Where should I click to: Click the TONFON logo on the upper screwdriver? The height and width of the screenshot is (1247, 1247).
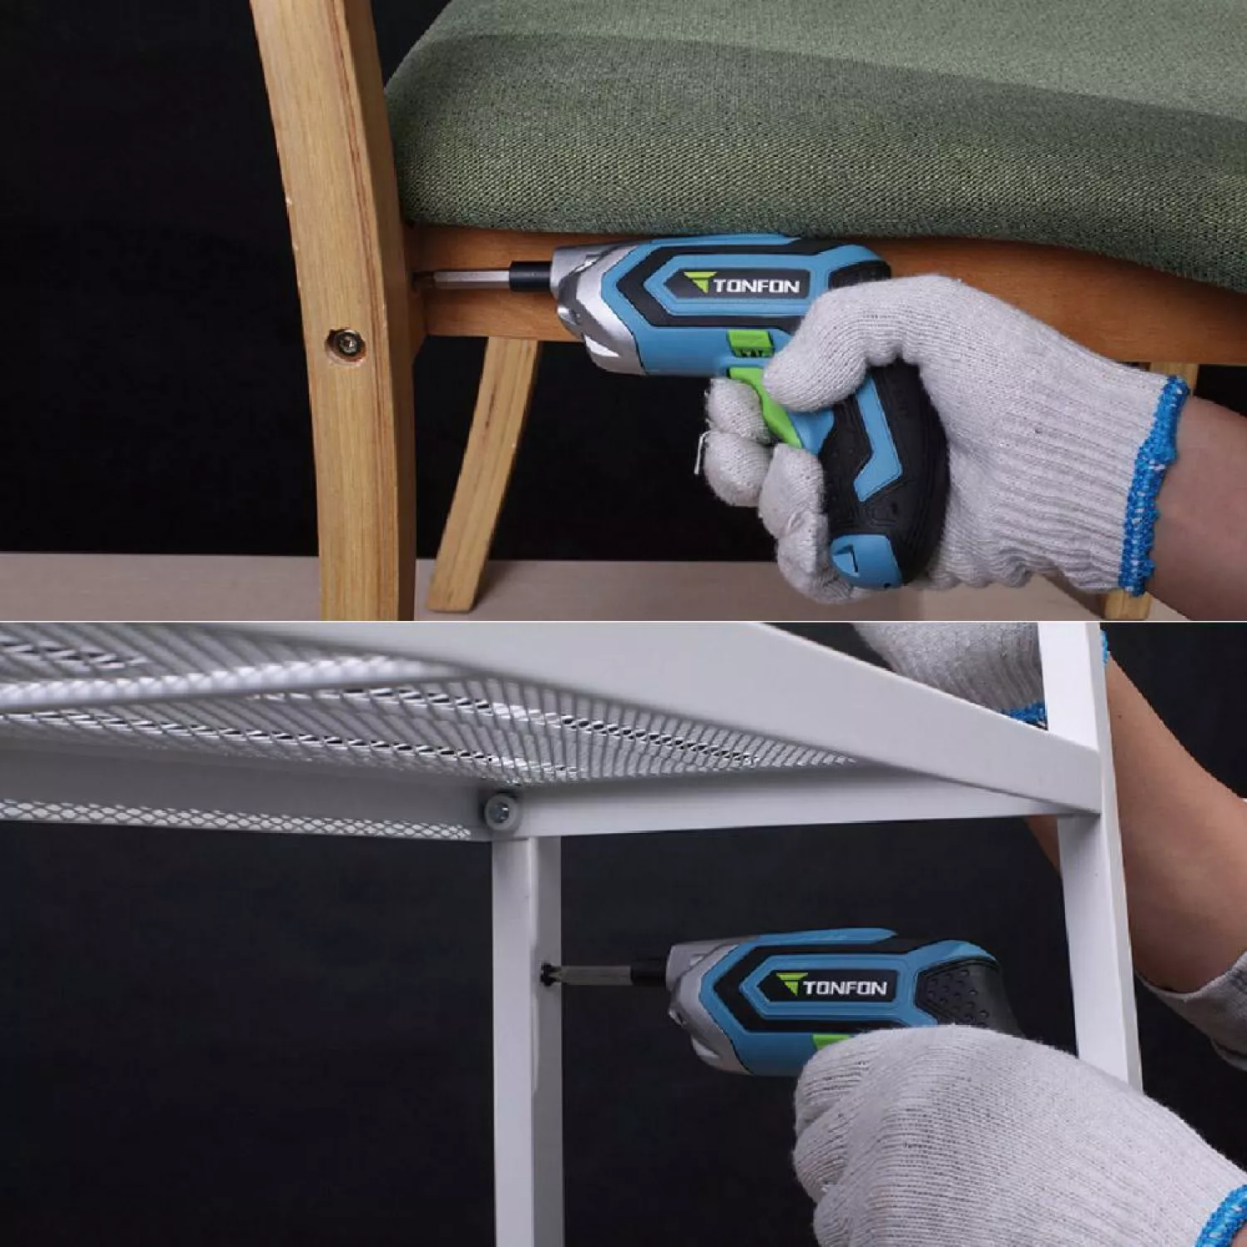744,285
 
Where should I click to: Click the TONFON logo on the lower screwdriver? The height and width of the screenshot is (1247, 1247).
833,986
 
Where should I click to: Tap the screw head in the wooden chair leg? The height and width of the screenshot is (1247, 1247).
344,343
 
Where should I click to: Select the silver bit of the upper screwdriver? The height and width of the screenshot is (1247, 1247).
482,276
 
